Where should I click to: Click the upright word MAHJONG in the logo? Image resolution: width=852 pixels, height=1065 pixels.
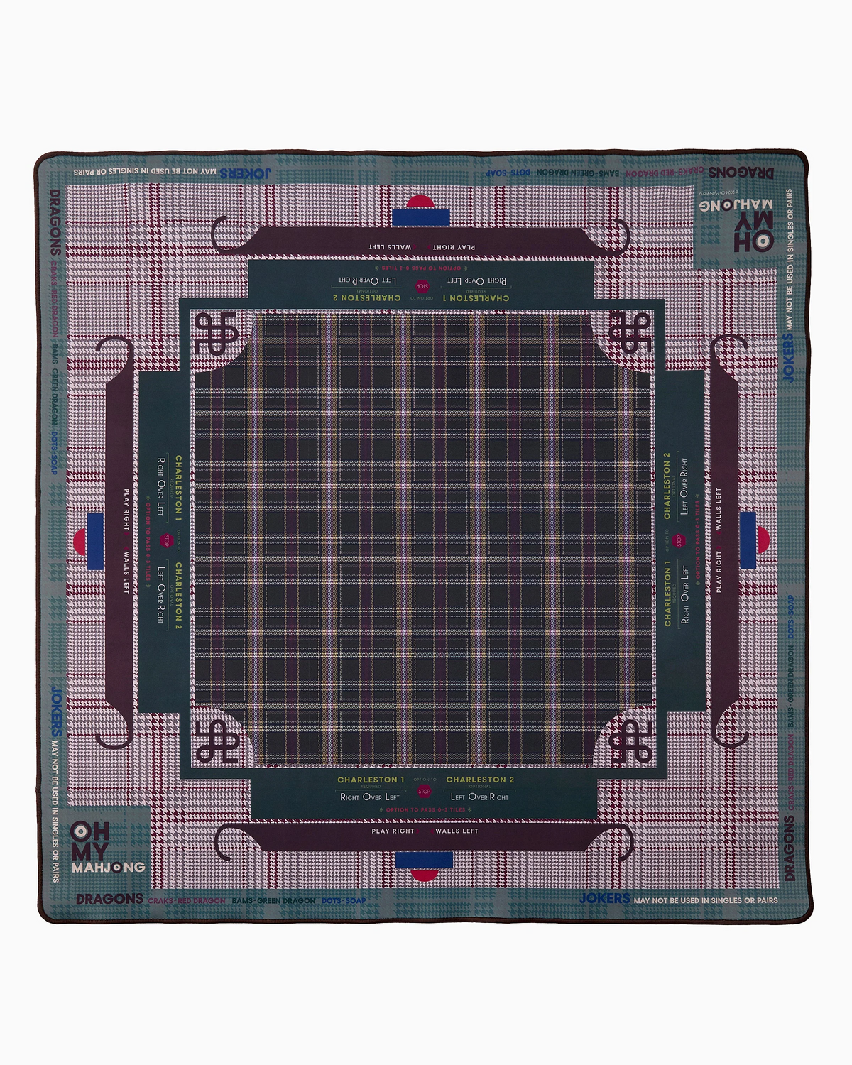(108, 867)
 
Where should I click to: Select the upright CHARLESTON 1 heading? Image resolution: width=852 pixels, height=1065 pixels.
(371, 780)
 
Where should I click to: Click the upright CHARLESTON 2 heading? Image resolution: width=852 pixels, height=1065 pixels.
(480, 780)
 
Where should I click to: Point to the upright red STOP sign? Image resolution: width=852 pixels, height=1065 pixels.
(424, 791)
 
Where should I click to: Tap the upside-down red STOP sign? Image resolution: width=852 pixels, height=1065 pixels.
(422, 286)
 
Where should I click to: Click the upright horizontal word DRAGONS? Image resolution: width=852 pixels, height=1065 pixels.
(109, 899)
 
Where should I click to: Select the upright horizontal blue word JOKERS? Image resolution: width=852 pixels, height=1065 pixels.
(604, 899)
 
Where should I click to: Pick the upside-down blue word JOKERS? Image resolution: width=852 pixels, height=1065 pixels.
(245, 173)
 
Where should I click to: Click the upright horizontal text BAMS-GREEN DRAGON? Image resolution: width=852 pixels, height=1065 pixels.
(273, 900)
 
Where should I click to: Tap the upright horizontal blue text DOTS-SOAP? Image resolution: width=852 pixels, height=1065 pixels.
(344, 900)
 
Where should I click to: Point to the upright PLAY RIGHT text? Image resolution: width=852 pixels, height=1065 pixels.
(393, 831)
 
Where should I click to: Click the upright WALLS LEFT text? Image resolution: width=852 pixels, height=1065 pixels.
(457, 831)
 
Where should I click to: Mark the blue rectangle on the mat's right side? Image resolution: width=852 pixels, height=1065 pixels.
(748, 540)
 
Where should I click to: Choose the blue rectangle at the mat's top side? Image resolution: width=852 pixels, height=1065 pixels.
(419, 215)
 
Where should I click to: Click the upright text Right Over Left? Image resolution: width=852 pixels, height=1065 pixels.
(370, 797)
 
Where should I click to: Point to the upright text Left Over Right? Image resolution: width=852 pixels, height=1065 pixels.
(479, 797)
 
